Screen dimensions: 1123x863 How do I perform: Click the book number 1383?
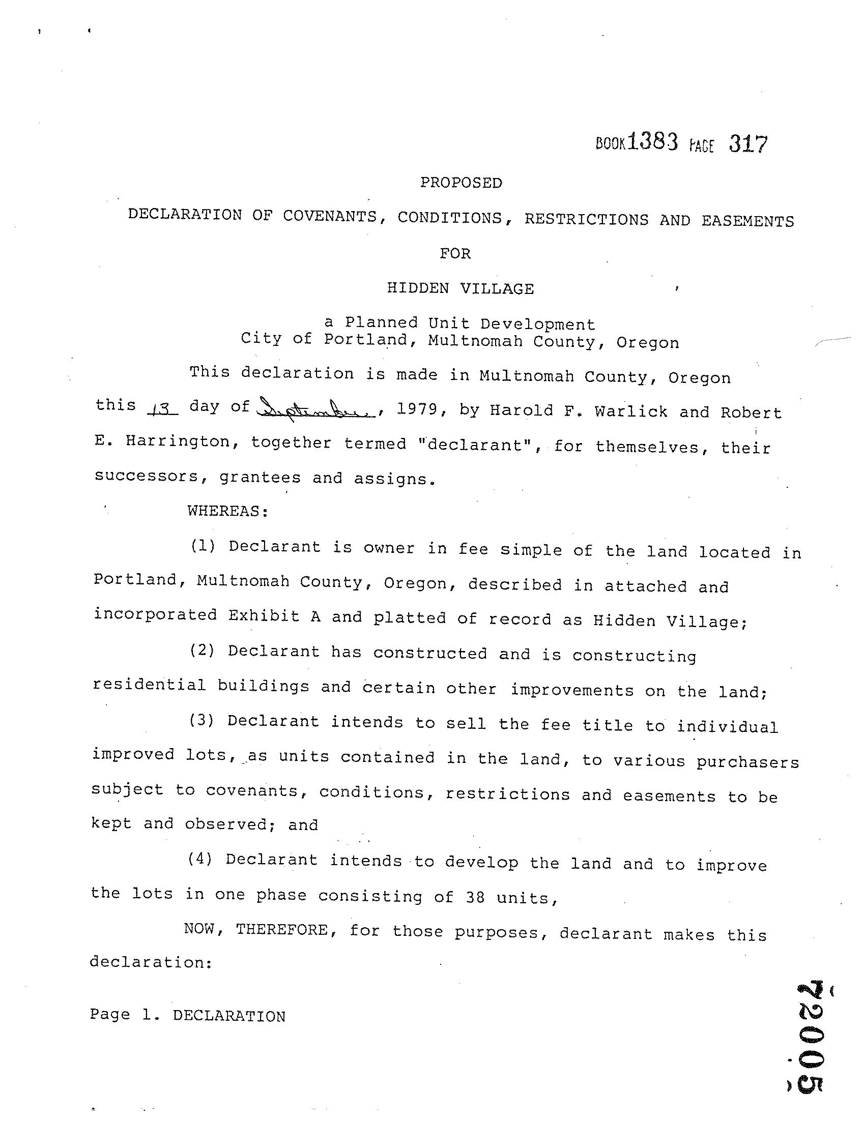[x=652, y=141]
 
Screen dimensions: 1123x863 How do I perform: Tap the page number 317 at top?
[x=748, y=144]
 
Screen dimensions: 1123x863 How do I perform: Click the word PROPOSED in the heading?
[x=461, y=183]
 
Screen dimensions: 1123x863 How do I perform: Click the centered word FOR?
[x=455, y=254]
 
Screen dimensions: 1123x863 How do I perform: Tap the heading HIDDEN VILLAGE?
[x=461, y=288]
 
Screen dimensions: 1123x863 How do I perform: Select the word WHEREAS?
[x=227, y=511]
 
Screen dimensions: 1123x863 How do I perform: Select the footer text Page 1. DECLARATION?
[x=187, y=1016]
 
